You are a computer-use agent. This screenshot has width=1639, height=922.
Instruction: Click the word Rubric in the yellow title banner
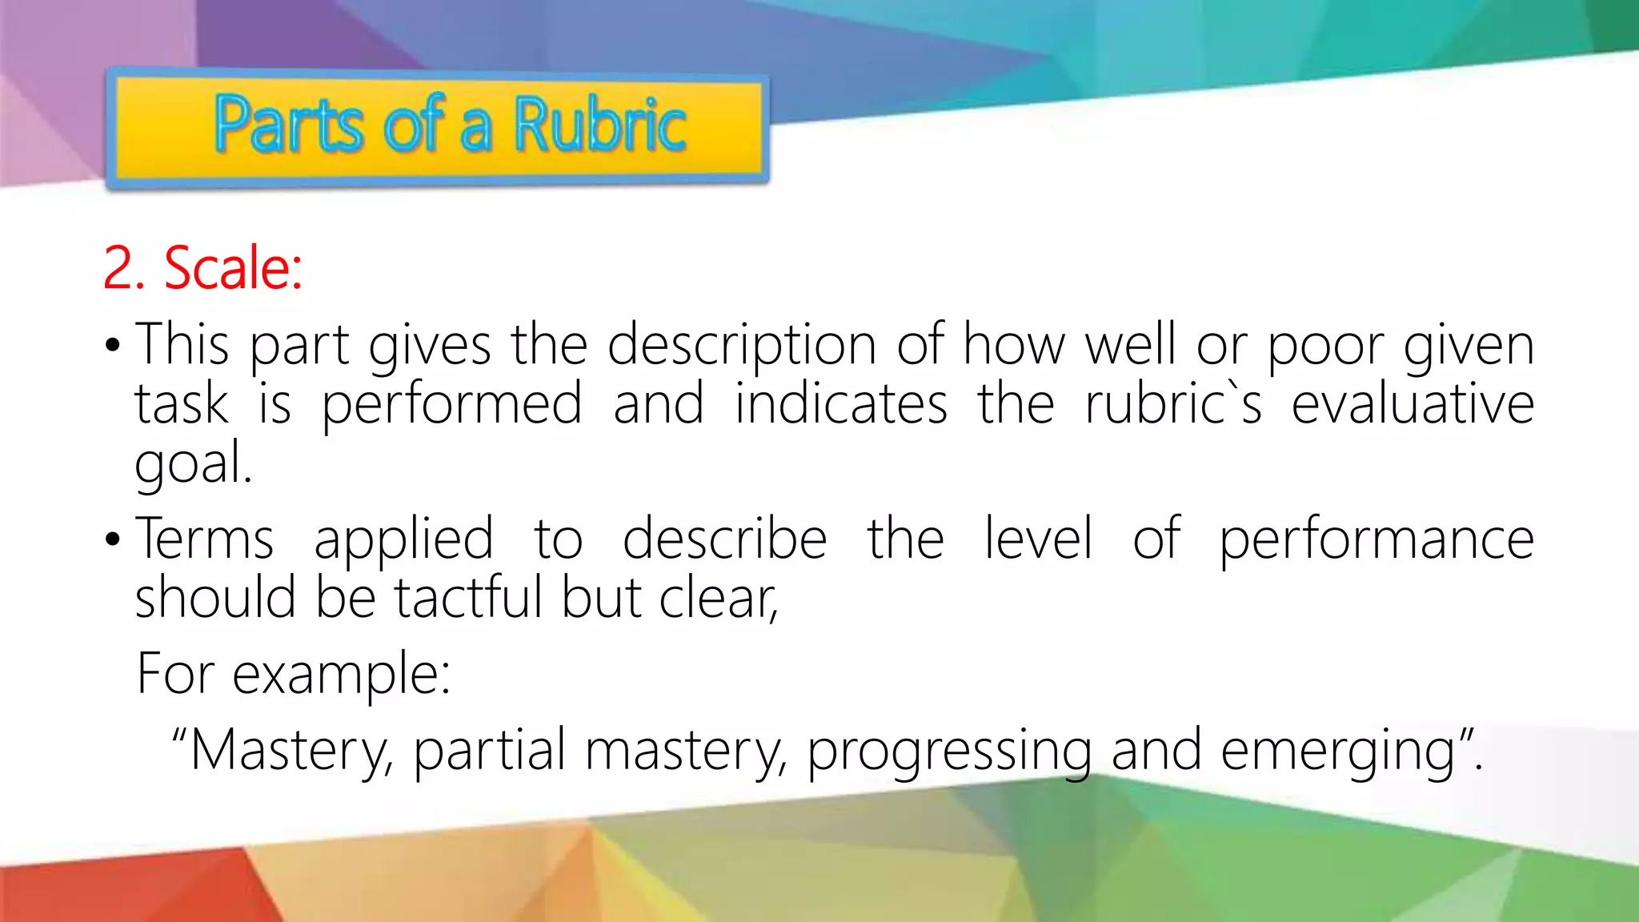coord(599,125)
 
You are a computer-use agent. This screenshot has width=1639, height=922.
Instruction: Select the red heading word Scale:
coord(233,267)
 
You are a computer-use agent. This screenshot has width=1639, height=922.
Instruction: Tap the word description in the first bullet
coord(742,347)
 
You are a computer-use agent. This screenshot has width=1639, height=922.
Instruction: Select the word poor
coord(1326,347)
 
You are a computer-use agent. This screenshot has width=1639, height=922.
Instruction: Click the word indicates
coord(841,403)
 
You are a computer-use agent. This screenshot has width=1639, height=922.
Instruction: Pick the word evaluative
coord(1413,403)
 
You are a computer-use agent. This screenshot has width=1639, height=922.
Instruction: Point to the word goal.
coord(193,463)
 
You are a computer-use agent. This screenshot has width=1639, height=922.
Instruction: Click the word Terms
coord(205,539)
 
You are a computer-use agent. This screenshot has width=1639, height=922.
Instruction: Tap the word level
coord(1038,539)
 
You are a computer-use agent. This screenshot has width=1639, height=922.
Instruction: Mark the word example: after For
coord(342,675)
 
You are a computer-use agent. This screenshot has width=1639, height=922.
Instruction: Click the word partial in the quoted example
coord(490,751)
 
